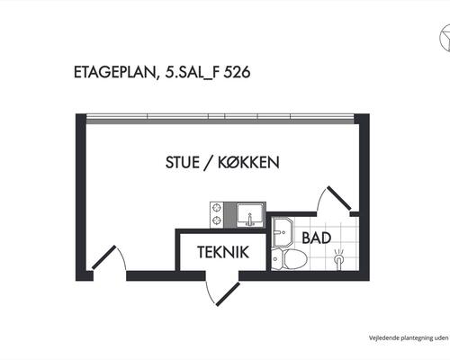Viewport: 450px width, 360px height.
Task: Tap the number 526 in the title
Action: click(237, 72)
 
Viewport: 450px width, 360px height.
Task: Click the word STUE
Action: click(183, 162)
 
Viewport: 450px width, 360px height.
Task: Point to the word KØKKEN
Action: click(248, 162)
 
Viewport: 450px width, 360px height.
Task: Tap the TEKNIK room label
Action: click(223, 252)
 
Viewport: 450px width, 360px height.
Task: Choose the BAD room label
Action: click(317, 238)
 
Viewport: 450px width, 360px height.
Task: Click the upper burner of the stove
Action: click(216, 208)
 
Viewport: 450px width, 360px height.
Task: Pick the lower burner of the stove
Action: click(216, 220)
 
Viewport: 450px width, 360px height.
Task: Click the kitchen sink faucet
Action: click(249, 220)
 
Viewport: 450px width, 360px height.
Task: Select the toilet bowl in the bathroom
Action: click(295, 259)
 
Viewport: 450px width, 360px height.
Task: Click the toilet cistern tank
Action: click(277, 259)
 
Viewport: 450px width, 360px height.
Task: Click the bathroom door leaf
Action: click(338, 198)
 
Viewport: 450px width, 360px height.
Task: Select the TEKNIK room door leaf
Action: click(228, 294)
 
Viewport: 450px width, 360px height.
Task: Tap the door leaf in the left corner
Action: click(103, 257)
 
